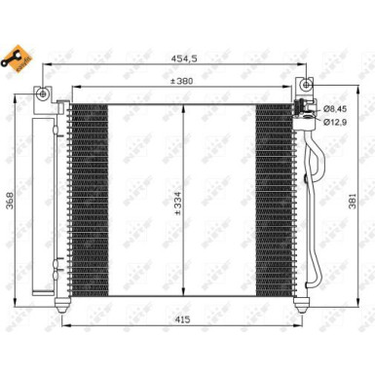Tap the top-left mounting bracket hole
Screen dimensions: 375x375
coord(44,94)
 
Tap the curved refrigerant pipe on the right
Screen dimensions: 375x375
coord(314,195)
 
